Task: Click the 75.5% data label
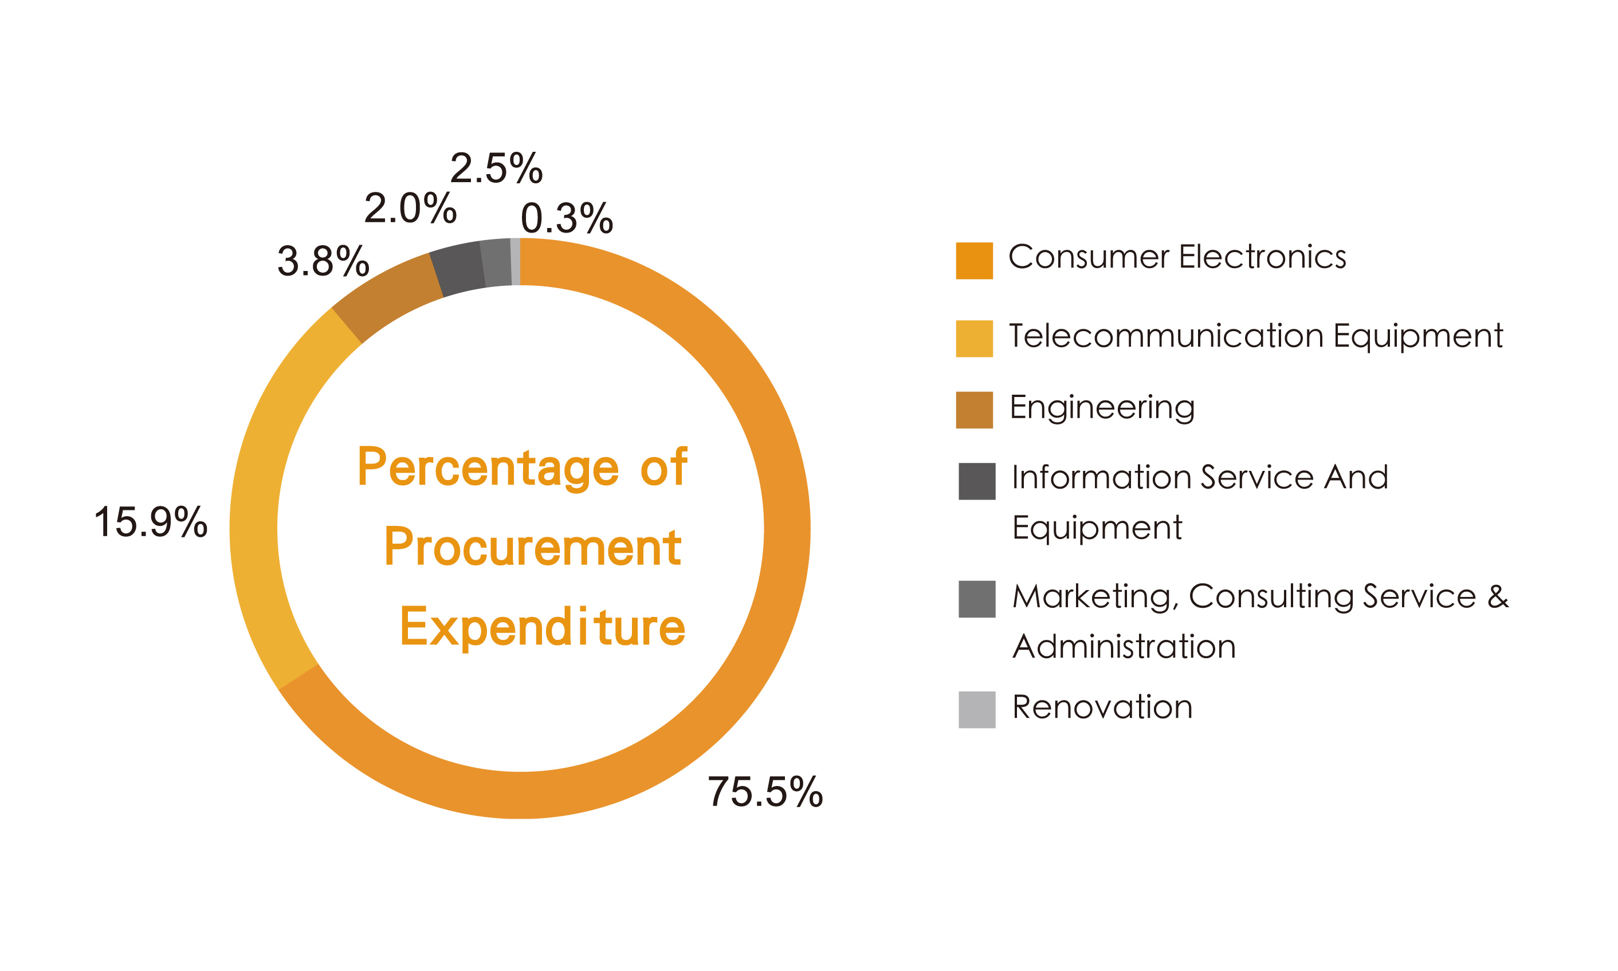pos(764,792)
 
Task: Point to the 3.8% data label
pos(323,262)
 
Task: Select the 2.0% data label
pos(410,209)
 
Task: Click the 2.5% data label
pos(496,169)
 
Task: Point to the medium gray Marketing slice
pos(496,263)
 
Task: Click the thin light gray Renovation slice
pos(516,262)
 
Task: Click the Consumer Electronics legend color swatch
pos(974,261)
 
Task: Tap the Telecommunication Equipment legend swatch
pos(974,339)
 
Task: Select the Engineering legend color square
pos(974,410)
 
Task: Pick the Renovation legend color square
pos(977,710)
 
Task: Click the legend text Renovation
pos(1102,707)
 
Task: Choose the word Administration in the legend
pos(1124,646)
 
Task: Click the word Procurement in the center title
pos(533,547)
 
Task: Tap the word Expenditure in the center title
pos(542,627)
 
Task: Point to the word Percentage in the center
pos(488,469)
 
